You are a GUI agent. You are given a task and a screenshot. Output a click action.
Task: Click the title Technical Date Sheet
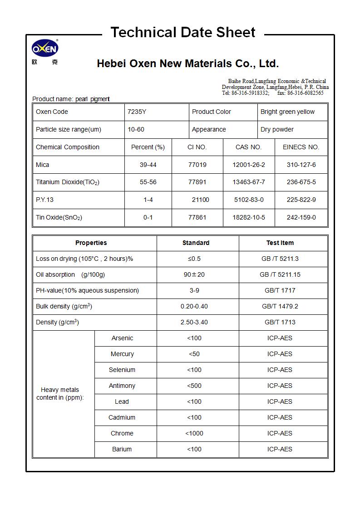pos(183,33)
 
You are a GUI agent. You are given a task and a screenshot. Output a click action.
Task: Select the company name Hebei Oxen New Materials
pos(187,64)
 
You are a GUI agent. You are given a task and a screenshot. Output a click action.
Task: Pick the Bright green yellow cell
pos(287,112)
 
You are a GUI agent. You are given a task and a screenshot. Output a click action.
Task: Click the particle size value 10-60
pos(136,129)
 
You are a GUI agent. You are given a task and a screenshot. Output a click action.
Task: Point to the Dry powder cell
pos(277,129)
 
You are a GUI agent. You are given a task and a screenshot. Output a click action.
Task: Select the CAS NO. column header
pos(248,147)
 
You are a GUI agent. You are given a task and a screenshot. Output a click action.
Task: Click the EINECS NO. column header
pos(301,147)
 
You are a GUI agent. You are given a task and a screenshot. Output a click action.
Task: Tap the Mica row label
pos(43,165)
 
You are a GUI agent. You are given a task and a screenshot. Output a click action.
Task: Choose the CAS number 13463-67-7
pos(248,182)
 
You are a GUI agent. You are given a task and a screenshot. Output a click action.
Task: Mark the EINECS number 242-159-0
pos(301,217)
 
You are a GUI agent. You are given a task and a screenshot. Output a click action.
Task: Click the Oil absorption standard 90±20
pos(194,274)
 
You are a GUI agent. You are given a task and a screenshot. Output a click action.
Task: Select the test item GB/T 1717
pos(280,290)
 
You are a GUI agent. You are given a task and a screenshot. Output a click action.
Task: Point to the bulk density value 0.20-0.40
pos(194,306)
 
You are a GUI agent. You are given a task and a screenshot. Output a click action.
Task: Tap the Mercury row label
pos(122,354)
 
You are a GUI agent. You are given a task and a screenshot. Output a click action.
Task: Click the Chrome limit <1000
pos(194,433)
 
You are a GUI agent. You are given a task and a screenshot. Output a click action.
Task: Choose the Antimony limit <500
pos(194,386)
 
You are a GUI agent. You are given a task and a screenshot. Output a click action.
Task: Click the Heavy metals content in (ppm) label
pos(60,393)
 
